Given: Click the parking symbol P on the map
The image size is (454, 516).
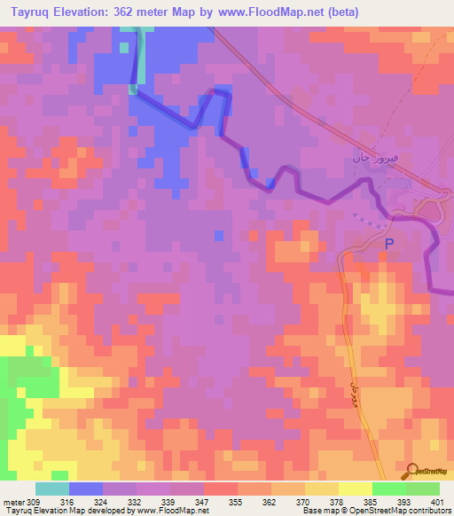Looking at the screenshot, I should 388,243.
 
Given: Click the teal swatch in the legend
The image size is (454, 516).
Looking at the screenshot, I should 51,489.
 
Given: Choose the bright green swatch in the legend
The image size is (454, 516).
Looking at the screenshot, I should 388,489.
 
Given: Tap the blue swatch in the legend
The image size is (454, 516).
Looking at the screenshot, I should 85,489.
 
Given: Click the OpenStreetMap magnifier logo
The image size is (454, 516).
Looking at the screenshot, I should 412,472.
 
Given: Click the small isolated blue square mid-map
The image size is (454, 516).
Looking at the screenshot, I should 219,235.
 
